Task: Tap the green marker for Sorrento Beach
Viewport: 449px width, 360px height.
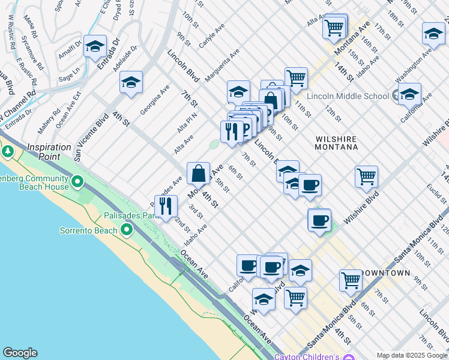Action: (x=126, y=230)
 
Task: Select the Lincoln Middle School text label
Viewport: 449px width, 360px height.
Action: (x=348, y=96)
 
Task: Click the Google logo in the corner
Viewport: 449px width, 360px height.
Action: (x=20, y=353)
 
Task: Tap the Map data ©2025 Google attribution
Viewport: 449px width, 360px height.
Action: (x=411, y=355)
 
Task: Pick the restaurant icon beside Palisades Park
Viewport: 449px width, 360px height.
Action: (x=166, y=206)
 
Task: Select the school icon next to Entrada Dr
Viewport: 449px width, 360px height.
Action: (x=95, y=46)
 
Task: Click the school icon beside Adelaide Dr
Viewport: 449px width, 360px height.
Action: (x=130, y=82)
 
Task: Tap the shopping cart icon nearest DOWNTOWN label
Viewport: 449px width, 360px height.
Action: (x=350, y=279)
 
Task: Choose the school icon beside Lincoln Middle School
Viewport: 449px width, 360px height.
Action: (x=409, y=94)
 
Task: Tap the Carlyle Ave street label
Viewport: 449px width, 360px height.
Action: (x=211, y=35)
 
